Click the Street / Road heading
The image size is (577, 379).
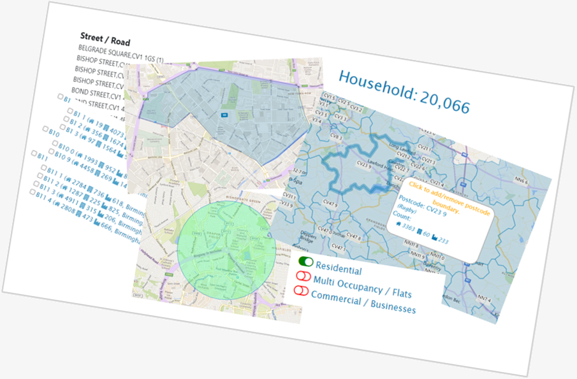[x=105, y=40]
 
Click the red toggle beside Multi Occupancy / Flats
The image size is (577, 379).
[x=302, y=276]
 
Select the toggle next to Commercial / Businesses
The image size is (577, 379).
[x=300, y=290]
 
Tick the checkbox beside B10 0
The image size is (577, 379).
[x=42, y=152]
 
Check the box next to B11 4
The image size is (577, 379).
[x=32, y=192]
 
